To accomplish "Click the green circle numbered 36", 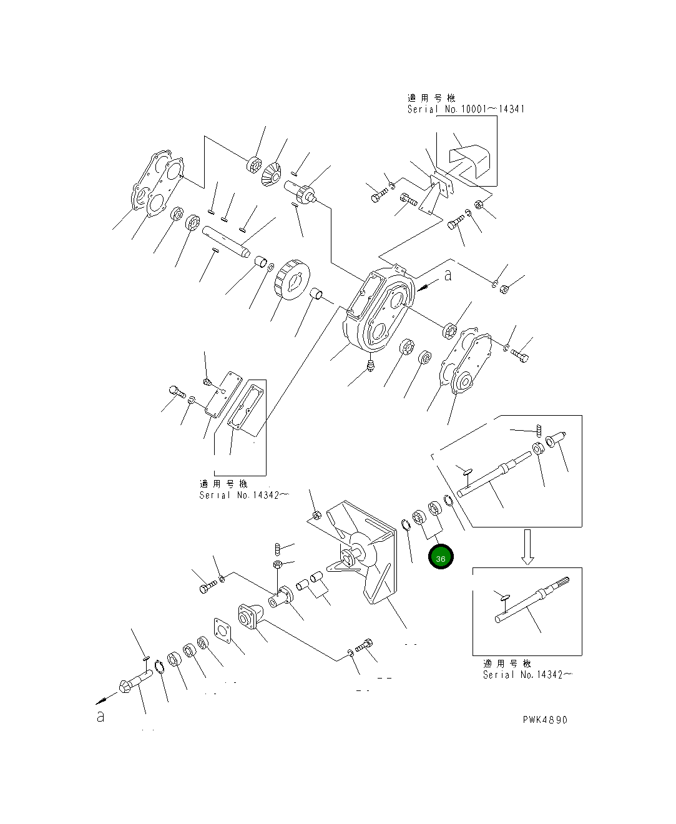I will (x=441, y=558).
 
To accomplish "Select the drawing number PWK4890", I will (x=545, y=720).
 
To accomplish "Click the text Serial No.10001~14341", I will (x=466, y=109).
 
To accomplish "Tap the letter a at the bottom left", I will (x=100, y=717).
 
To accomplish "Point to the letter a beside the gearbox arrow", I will (x=448, y=275).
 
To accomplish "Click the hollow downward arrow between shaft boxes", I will (x=527, y=547).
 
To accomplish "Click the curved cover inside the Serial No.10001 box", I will (x=471, y=159).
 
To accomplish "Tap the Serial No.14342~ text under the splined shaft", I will (x=527, y=675).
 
